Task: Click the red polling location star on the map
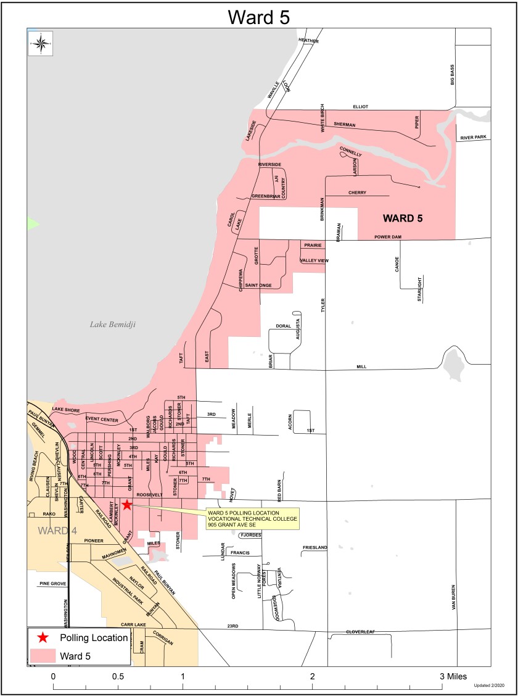click(126, 505)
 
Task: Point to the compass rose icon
click(41, 43)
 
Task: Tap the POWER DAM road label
click(387, 237)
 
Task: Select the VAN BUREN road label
click(453, 597)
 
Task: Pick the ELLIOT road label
click(360, 107)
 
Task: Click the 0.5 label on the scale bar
click(118, 676)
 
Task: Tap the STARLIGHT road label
click(419, 289)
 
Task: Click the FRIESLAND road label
click(315, 548)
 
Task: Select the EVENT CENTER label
click(101, 419)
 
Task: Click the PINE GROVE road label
click(52, 583)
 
